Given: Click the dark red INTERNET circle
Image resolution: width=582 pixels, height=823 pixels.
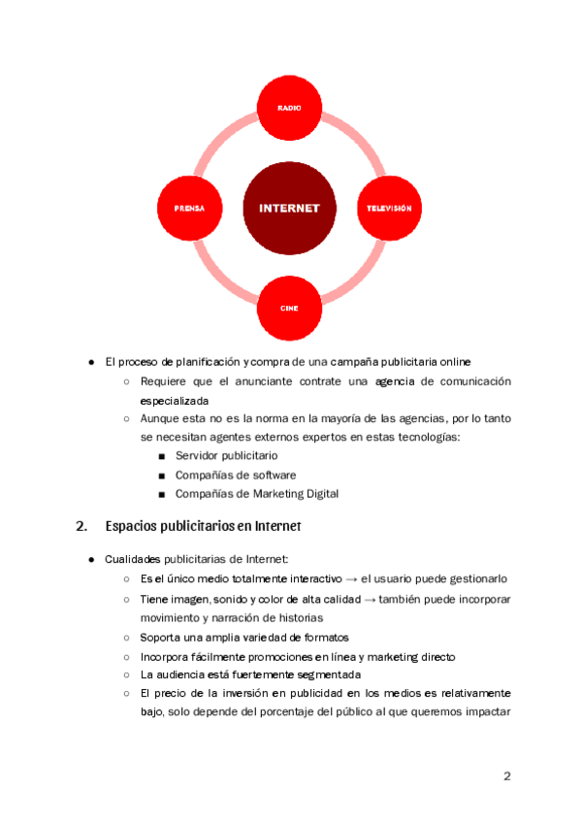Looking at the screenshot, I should pyautogui.click(x=289, y=208).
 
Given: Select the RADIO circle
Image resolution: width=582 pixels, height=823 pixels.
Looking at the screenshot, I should pyautogui.click(x=289, y=108).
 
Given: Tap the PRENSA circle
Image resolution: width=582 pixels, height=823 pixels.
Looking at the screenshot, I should pyautogui.click(x=189, y=208).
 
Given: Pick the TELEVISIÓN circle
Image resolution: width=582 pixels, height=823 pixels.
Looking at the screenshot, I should pyautogui.click(x=388, y=208).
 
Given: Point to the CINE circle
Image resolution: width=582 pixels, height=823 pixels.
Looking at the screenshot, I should pyautogui.click(x=289, y=308).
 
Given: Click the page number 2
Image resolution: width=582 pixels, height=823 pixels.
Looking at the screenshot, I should pyautogui.click(x=506, y=776).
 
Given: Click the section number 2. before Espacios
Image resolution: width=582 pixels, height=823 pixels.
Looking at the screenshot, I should pyautogui.click(x=81, y=527).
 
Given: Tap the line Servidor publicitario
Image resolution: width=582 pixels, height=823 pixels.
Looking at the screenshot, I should pyautogui.click(x=226, y=454).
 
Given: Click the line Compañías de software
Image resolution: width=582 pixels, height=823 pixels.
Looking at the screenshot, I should pyautogui.click(x=236, y=475).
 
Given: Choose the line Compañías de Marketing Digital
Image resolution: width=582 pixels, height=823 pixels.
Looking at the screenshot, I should pyautogui.click(x=257, y=494).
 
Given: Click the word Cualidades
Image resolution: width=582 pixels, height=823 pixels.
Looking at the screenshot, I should pyautogui.click(x=136, y=559).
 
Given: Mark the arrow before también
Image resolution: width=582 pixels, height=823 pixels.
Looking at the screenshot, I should pyautogui.click(x=370, y=600).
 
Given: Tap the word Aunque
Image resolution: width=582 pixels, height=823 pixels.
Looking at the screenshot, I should pyautogui.click(x=160, y=418).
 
